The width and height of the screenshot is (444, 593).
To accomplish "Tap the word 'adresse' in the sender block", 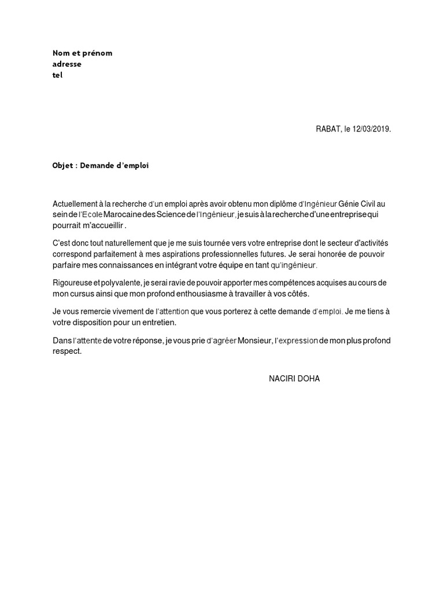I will (67, 64).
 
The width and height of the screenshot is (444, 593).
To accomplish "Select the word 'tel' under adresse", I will (57, 75).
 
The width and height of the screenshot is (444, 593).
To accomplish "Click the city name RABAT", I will (323, 130).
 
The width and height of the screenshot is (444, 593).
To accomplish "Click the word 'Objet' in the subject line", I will (64, 166).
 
